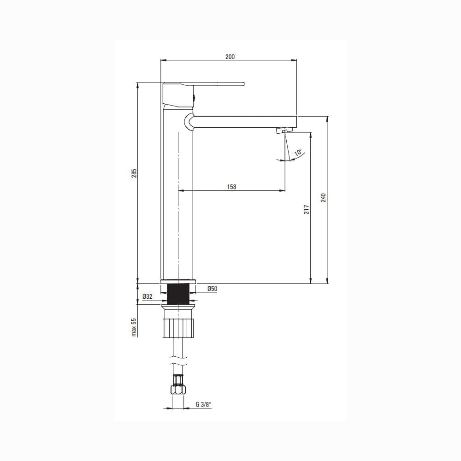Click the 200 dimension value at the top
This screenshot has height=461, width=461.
click(230, 57)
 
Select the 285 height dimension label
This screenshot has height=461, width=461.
click(134, 173)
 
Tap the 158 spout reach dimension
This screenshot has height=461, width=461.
click(231, 187)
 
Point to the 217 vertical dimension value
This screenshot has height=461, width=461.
click(307, 209)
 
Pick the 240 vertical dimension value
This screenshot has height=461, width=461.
click(323, 198)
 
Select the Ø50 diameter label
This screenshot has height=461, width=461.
click(212, 289)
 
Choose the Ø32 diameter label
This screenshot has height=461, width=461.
click(148, 296)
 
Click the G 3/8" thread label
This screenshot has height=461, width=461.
click(203, 404)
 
